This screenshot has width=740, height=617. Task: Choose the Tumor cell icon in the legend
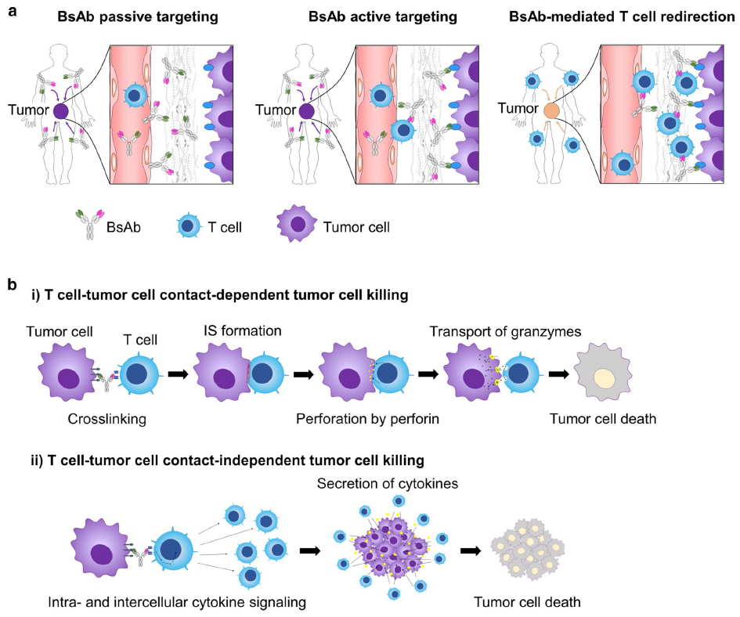295,227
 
